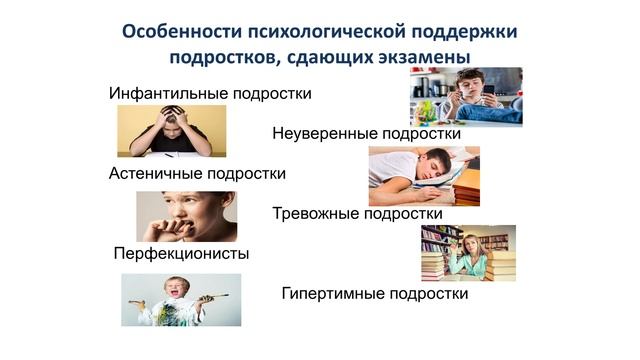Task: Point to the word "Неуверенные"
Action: tap(322, 133)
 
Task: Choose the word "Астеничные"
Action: tap(155, 173)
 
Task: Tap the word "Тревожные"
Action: tap(313, 213)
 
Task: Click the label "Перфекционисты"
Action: tap(181, 253)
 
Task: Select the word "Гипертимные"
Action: tap(330, 294)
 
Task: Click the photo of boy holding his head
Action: tap(171, 131)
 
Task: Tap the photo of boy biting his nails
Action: tap(186, 216)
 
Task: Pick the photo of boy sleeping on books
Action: tap(423, 176)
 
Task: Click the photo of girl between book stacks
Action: tap(468, 253)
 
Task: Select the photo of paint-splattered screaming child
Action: tap(181, 300)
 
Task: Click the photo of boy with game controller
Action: tap(465, 95)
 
